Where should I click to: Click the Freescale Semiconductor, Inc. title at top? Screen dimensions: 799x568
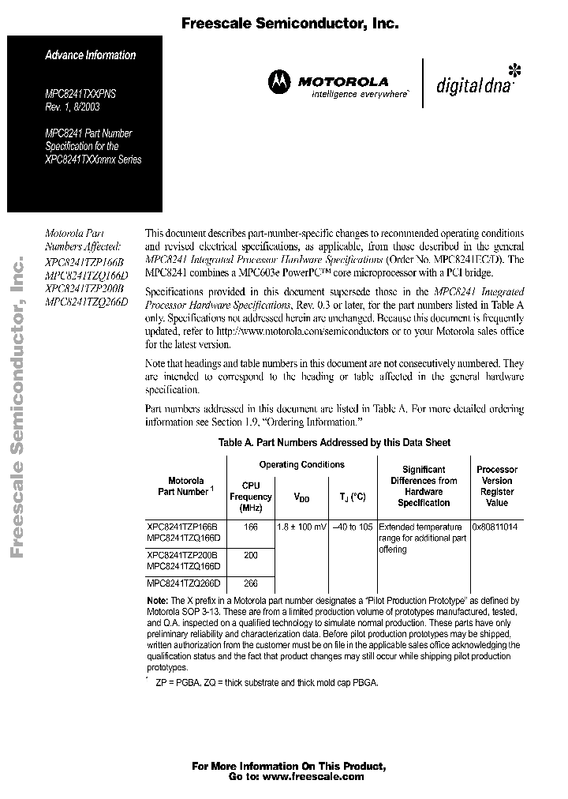click(x=290, y=24)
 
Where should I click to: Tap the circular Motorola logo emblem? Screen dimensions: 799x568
click(x=278, y=80)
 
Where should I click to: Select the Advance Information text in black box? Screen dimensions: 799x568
click(x=90, y=55)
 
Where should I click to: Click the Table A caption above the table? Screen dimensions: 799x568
click(x=334, y=444)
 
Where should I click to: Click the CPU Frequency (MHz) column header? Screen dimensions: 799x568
click(x=250, y=497)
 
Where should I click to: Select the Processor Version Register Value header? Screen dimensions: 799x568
click(x=496, y=486)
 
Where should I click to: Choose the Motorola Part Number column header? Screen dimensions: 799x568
click(x=185, y=486)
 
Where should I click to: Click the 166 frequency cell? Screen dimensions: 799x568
click(x=251, y=526)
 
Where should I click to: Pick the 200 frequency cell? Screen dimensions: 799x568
click(x=251, y=556)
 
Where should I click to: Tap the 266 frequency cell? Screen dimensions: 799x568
click(x=251, y=583)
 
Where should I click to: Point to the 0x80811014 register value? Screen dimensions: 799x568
click(x=495, y=526)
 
